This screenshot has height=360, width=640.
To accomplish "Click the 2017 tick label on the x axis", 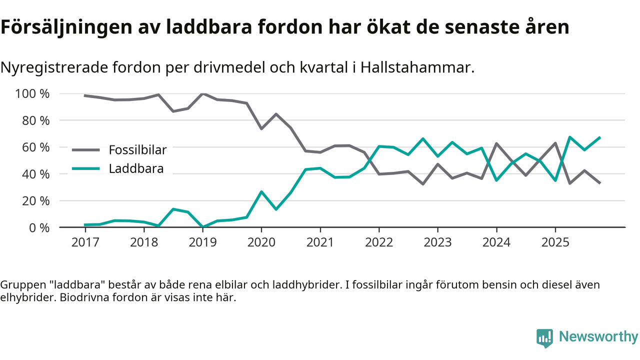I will pyautogui.click(x=85, y=242).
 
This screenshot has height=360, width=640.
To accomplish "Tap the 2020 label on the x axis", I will pyautogui.click(x=261, y=242).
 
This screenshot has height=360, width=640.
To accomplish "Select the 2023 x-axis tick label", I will pyautogui.click(x=437, y=242).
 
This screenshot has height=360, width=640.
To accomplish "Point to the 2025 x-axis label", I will pyautogui.click(x=555, y=242).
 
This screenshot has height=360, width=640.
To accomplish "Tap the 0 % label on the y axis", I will pyautogui.click(x=38, y=227).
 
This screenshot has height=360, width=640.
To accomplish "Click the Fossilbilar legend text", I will pyautogui.click(x=137, y=149).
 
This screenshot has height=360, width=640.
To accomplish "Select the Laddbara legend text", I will pyautogui.click(x=136, y=169).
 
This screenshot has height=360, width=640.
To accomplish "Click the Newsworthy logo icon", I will pyautogui.click(x=544, y=338).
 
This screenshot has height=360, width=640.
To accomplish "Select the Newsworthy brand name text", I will pyautogui.click(x=598, y=337).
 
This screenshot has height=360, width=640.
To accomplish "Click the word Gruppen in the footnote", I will pyautogui.click(x=19, y=285).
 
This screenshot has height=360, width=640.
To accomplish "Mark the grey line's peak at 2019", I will pyautogui.click(x=202, y=93).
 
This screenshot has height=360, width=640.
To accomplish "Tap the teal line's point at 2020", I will pyautogui.click(x=261, y=191).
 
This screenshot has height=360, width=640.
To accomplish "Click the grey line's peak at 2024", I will pyautogui.click(x=496, y=143).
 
